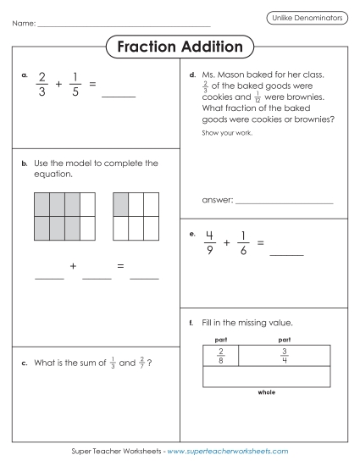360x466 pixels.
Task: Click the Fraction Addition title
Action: click(180, 47)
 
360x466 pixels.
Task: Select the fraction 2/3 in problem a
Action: click(42, 85)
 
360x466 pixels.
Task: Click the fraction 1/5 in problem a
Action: click(75, 85)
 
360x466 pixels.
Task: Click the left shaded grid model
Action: click(64, 215)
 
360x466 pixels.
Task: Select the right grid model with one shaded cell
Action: click(135, 215)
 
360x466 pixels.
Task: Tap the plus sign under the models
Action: click(74, 266)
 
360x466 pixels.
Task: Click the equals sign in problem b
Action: click(121, 266)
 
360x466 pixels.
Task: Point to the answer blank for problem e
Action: click(285, 252)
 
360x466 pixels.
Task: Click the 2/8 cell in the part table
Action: click(221, 356)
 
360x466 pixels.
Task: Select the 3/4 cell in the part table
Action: click(285, 356)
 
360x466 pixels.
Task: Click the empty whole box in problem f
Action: click(267, 377)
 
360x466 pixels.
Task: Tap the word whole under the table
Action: click(267, 392)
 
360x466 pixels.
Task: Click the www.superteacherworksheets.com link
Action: click(228, 452)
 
